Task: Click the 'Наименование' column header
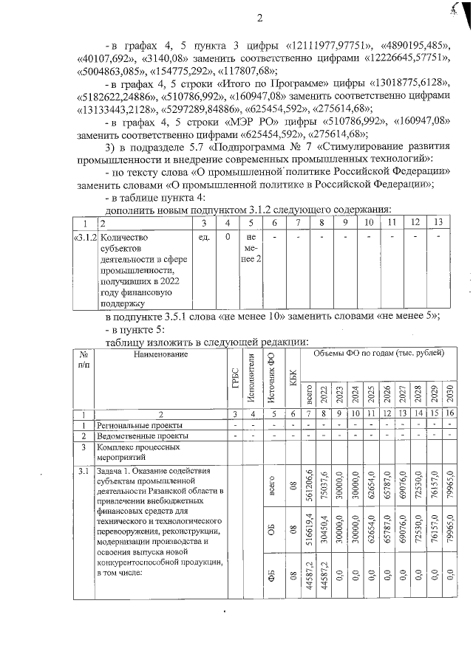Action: (x=157, y=354)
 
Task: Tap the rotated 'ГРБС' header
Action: (x=234, y=380)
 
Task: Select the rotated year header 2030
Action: (x=450, y=391)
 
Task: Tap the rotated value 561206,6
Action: (x=308, y=487)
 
